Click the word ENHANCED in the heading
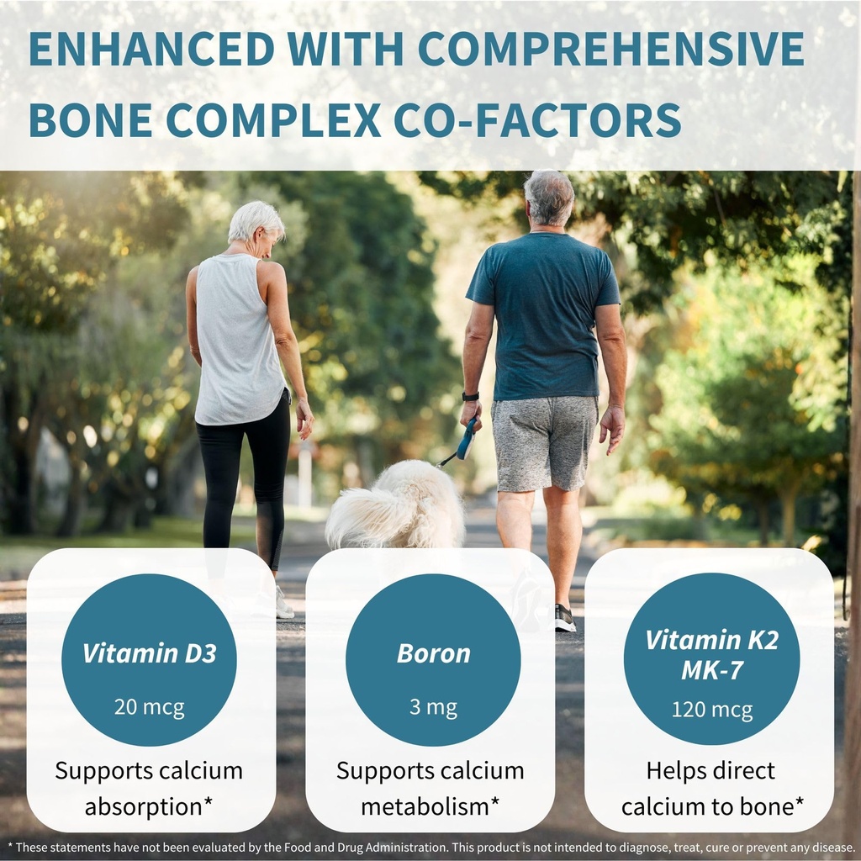coord(151,49)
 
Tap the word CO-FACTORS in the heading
coord(537,119)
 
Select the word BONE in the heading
coord(91,119)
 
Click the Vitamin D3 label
coord(150,653)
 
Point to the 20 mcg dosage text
coord(150,706)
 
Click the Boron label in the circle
coord(433,653)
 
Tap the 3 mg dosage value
coord(433,707)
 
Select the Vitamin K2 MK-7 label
coord(711,654)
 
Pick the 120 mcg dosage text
coord(711,710)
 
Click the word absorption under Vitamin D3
coord(144,807)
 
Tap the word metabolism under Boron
coord(425,806)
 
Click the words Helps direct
coord(710,771)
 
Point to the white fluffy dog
coord(395,506)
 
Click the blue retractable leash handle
coord(466,438)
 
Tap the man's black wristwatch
coord(470,397)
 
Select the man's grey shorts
coord(544,443)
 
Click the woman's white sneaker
coord(283,604)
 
